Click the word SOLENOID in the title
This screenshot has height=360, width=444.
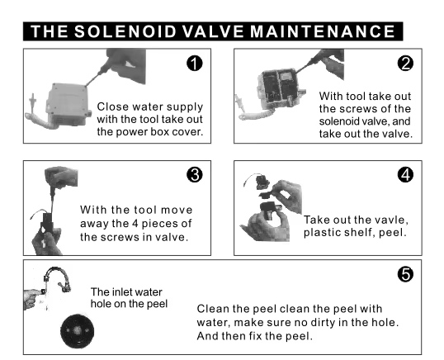coord(125,31)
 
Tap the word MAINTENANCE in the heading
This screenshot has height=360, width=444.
coord(323,31)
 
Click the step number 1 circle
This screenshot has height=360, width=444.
coord(195,63)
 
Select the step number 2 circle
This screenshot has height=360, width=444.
coord(405,63)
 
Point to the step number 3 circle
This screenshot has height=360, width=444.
coord(195,175)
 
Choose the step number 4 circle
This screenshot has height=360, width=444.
coord(405,175)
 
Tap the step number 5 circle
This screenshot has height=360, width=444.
coord(405,274)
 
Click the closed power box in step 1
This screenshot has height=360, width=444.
coord(68,104)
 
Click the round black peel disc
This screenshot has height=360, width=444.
coord(77,331)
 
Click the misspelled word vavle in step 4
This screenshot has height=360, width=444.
coord(393,220)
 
